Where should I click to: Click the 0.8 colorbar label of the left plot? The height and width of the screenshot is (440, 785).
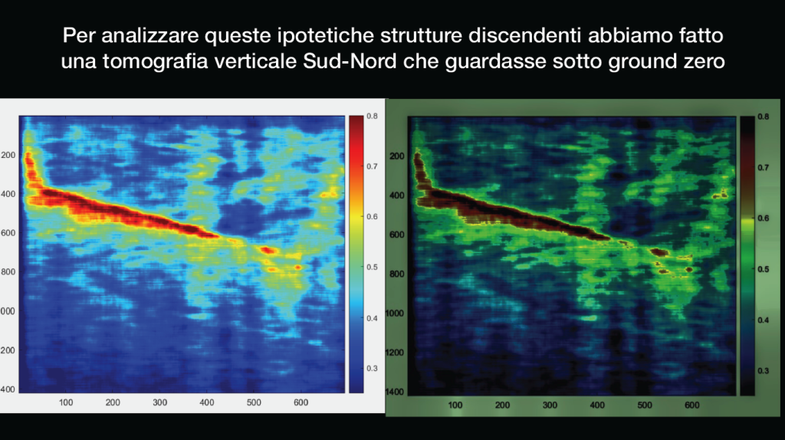coord(372,116)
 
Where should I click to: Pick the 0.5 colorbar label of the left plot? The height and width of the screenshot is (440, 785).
coord(372,268)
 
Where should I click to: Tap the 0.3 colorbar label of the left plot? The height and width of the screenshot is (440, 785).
coord(372,369)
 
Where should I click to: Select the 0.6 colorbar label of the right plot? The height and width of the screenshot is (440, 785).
coord(763,218)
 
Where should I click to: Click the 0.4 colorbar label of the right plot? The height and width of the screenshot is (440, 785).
coord(763,320)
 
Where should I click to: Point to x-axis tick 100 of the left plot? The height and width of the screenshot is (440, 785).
coord(66,402)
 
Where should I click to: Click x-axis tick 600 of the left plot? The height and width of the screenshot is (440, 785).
coord(301,402)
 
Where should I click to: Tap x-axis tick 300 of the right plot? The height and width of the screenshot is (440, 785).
coord(550,405)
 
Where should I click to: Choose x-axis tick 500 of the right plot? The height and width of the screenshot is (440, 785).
coord(644,405)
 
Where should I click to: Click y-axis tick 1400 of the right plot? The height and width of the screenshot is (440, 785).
coord(395,392)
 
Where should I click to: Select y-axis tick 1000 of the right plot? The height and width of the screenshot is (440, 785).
coord(395,314)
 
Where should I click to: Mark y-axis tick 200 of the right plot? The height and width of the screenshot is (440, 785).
coord(397,156)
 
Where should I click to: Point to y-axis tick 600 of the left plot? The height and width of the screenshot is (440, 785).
coord(8,233)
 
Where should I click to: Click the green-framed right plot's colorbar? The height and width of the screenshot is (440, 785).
coord(747,256)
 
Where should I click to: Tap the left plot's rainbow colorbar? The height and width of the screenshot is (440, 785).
coord(356,254)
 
